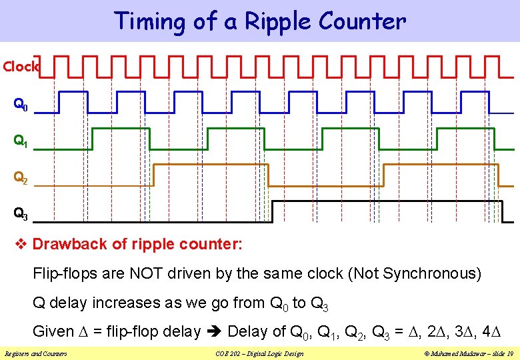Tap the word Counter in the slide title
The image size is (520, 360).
pyautogui.click(x=362, y=22)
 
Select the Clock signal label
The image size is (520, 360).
pyautogui.click(x=21, y=67)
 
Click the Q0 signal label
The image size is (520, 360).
pyautogui.click(x=21, y=105)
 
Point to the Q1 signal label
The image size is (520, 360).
pyautogui.click(x=21, y=141)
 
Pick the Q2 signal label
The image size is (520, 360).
pyautogui.click(x=21, y=178)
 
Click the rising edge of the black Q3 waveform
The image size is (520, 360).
pyautogui.click(x=272, y=211)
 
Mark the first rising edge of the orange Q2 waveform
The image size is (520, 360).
pyautogui.click(x=153, y=174)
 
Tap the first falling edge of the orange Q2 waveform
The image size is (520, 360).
pyautogui.click(x=268, y=174)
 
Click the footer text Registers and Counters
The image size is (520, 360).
pyautogui.click(x=35, y=353)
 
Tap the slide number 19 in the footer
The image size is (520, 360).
pyautogui.click(x=509, y=353)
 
